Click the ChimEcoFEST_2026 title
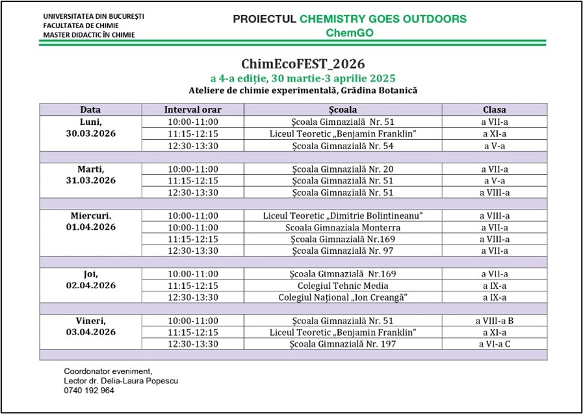click(303, 64)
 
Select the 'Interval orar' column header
click(192, 109)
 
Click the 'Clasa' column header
click(495, 109)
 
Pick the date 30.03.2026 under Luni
click(90, 134)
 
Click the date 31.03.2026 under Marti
click(90, 180)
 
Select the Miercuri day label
click(90, 215)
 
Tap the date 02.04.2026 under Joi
click(90, 285)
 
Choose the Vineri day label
click(90, 321)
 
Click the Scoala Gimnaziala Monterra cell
click(343, 228)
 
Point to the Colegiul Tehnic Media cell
click(343, 286)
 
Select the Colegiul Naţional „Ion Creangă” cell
click(343, 297)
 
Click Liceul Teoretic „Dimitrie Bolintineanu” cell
click(343, 215)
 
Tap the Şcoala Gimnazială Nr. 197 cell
click(343, 344)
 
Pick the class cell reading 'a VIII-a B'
click(495, 321)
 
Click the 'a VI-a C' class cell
click(495, 344)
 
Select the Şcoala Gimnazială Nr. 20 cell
click(343, 169)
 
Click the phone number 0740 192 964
click(89, 391)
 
